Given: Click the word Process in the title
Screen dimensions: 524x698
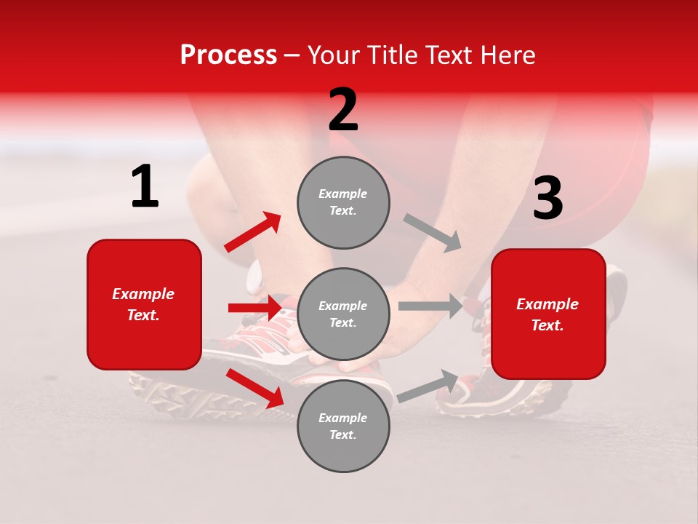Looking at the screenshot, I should click(x=228, y=55).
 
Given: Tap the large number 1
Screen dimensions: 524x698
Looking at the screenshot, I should click(x=145, y=187).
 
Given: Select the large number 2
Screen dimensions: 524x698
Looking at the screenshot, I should click(x=343, y=110).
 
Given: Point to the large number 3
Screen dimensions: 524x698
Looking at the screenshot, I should click(x=547, y=199).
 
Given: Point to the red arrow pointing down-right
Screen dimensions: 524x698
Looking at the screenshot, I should click(x=254, y=388).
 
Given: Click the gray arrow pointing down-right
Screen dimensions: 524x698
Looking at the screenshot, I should click(x=433, y=233).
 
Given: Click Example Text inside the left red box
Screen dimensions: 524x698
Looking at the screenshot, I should click(x=144, y=304).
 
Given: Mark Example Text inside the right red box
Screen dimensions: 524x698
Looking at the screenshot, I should click(x=547, y=314).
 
